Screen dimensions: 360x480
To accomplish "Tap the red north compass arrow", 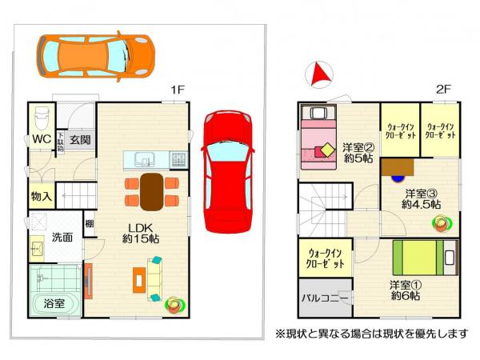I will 318,74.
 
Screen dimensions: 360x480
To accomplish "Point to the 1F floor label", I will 178,90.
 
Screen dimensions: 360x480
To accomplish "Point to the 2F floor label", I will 445,90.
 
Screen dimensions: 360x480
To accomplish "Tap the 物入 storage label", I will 42,195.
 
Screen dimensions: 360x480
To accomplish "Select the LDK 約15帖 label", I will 139,232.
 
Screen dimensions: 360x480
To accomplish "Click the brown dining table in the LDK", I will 151,190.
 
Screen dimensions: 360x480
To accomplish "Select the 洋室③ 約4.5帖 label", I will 421,198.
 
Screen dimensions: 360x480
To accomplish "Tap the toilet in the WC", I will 42,120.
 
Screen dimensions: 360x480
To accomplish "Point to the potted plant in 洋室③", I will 438,222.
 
